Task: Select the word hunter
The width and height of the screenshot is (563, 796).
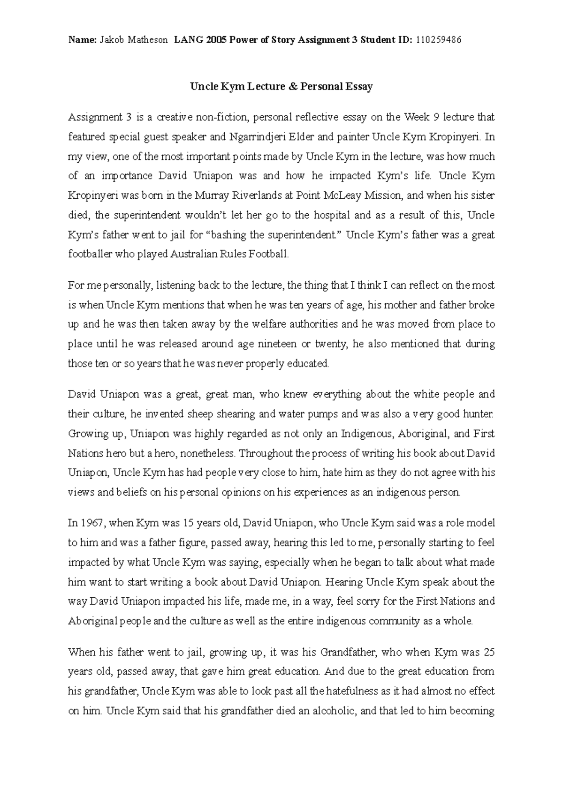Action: [479, 414]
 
